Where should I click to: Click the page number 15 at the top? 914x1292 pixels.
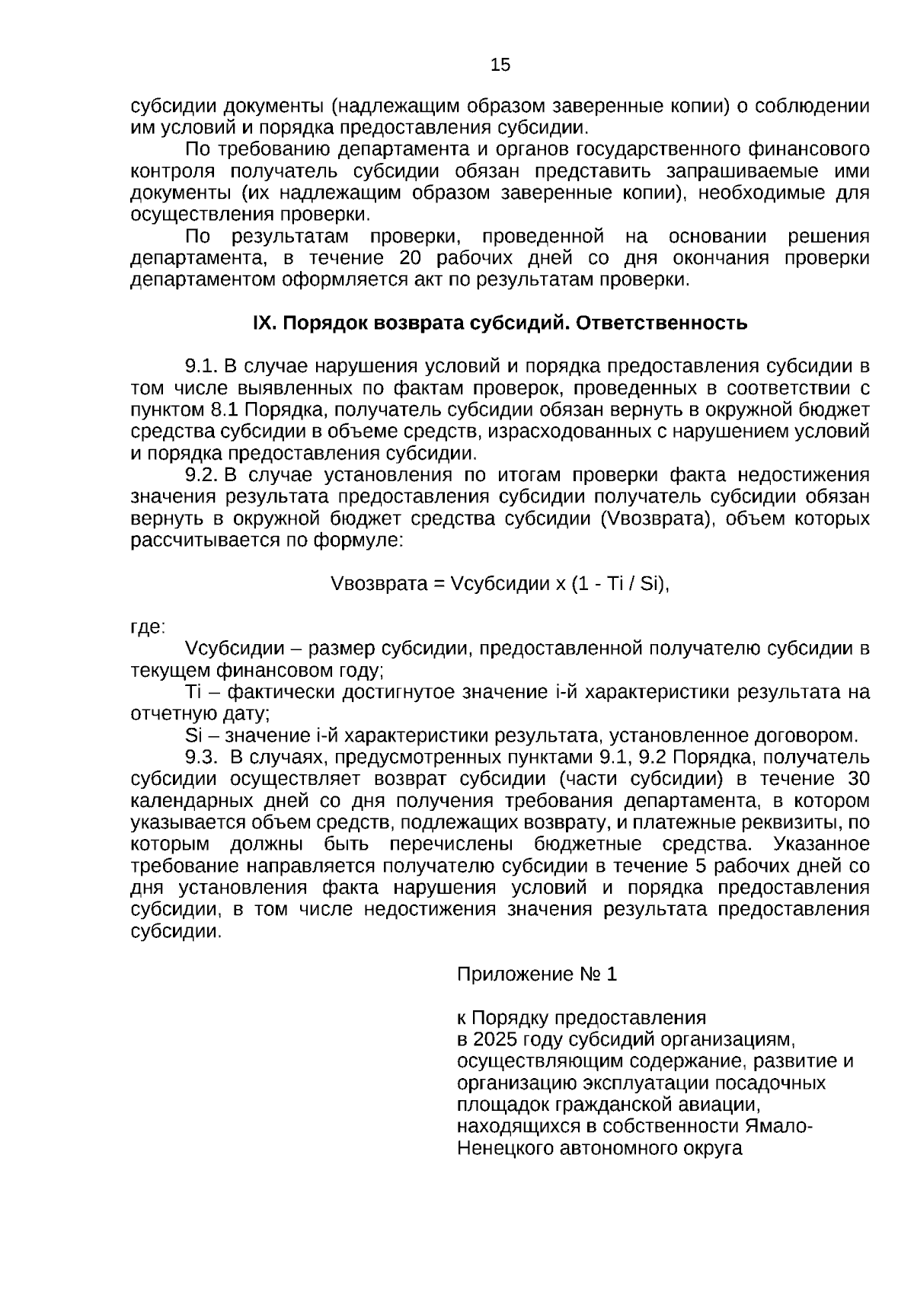click(x=500, y=65)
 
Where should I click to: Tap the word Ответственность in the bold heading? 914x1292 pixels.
click(x=661, y=324)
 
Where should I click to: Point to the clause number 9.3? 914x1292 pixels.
click(x=202, y=758)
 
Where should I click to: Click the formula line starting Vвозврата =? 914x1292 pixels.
click(x=500, y=584)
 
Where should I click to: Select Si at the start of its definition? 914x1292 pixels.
click(x=193, y=736)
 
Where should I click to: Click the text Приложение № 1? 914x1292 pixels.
click(x=537, y=975)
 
